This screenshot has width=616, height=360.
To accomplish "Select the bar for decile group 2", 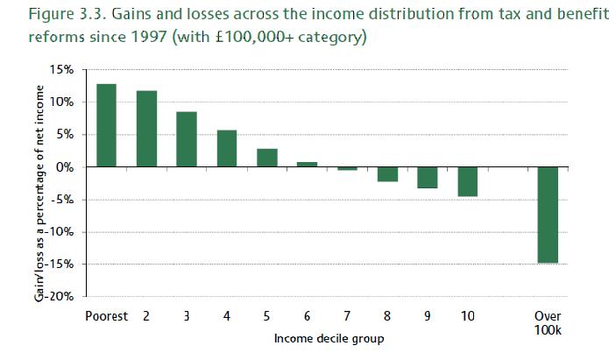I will [x=146, y=129].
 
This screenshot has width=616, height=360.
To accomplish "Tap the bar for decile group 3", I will [x=187, y=139].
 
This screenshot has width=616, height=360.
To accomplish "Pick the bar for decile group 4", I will [x=227, y=148].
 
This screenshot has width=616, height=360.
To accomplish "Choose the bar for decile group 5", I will [x=267, y=158].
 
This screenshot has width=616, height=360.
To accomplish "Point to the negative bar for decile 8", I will [x=387, y=174].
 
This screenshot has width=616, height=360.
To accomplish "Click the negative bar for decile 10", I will [x=467, y=181].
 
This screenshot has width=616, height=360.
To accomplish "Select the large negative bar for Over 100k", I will [x=548, y=215].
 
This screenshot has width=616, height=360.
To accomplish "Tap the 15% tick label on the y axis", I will [x=70, y=70].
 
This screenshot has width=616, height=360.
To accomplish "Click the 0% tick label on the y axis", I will [x=74, y=167].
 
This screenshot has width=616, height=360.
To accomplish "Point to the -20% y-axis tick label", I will [x=67, y=296].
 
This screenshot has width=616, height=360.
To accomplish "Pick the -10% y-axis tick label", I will [x=67, y=232].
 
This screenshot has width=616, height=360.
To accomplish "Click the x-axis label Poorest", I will [x=106, y=315].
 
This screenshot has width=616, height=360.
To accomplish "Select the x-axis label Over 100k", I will [x=548, y=321].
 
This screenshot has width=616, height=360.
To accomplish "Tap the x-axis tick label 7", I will [x=347, y=315].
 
